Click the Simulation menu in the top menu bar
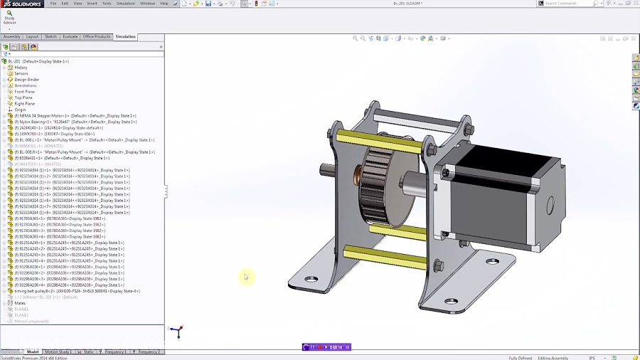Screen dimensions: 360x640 pyautogui.click(x=126, y=4)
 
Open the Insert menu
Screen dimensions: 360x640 pyautogui.click(x=92, y=4)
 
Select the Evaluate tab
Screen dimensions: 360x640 pyautogui.click(x=70, y=36)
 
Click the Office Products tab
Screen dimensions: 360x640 pyautogui.click(x=97, y=36)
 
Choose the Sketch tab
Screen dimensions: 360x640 pyautogui.click(x=51, y=36)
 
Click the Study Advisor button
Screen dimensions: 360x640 pyautogui.click(x=9, y=17)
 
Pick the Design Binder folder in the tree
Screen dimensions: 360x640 pyautogui.click(x=26, y=80)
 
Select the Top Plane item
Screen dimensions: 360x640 pyautogui.click(x=23, y=97)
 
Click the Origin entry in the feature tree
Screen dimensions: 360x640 pyautogui.click(x=20, y=110)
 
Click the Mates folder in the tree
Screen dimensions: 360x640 pyautogui.click(x=20, y=303)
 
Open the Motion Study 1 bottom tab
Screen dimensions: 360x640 pyautogui.click(x=57, y=351)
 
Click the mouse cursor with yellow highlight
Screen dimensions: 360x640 pyautogui.click(x=245, y=277)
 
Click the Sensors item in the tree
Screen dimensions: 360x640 pyautogui.click(x=21, y=73)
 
